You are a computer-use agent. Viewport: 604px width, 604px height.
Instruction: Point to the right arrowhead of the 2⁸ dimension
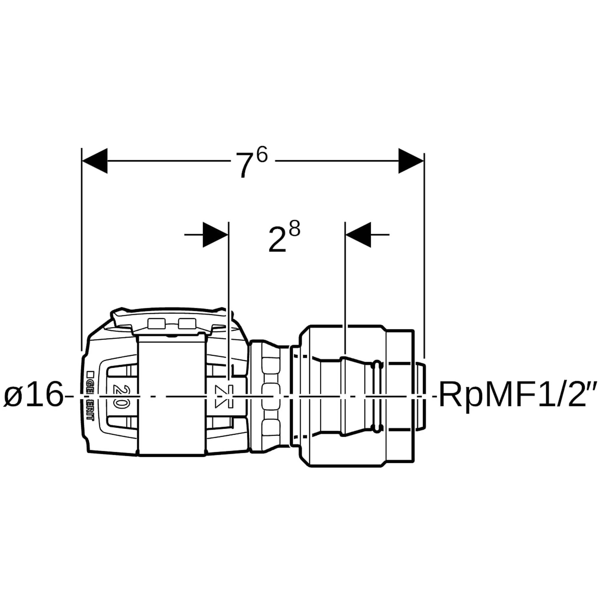click(359, 234)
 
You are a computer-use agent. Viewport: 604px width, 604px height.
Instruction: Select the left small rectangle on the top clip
click(156, 323)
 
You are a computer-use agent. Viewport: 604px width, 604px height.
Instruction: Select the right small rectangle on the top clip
click(187, 323)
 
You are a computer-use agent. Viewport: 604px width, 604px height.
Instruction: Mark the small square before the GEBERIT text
click(91, 373)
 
